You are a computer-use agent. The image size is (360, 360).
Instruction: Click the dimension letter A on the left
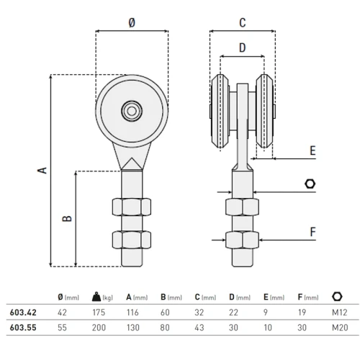42,170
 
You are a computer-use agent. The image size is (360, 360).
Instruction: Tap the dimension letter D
242,48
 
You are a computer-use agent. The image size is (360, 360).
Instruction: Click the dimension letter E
312,151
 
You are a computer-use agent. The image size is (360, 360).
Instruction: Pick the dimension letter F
312,232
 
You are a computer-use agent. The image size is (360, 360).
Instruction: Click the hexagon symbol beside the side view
310,184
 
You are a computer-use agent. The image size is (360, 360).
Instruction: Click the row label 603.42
24,313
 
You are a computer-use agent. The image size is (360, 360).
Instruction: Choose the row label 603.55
24,327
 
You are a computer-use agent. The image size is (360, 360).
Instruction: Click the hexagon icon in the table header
336,297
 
